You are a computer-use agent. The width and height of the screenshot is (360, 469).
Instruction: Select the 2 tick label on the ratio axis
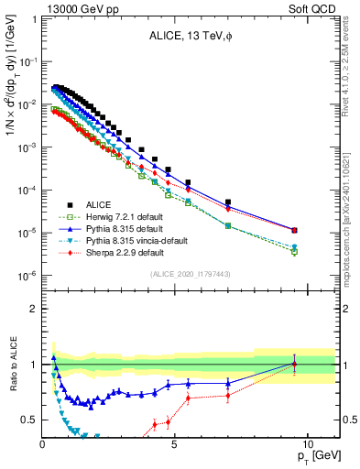[33, 309]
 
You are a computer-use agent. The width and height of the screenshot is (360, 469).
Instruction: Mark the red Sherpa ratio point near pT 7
[228, 396]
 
